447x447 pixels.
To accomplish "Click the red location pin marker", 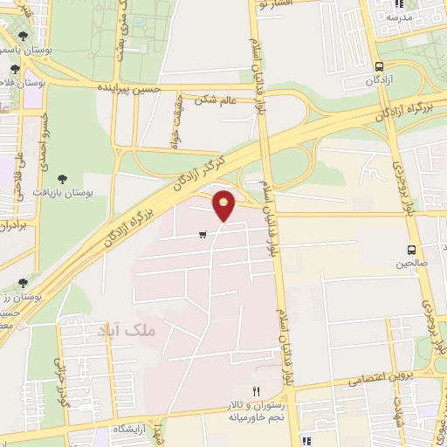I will pos(224,205).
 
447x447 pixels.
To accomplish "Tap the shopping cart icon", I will pos(203,234).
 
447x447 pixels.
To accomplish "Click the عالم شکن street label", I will pos(217,100).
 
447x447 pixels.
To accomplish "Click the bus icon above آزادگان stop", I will pos(378,65).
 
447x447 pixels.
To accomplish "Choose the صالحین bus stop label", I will pos(412,262).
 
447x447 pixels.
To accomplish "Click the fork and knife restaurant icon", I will pos(256,391).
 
